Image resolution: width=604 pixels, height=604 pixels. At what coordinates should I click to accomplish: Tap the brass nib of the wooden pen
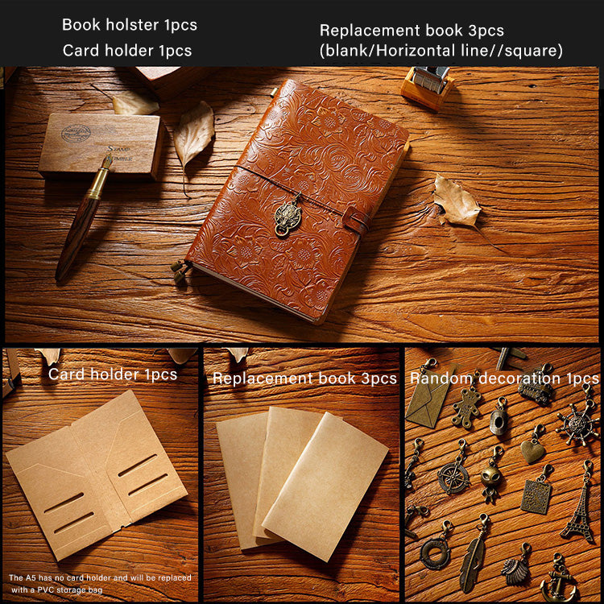(107, 162)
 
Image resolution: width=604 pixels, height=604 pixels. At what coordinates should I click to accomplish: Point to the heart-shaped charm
(533, 450)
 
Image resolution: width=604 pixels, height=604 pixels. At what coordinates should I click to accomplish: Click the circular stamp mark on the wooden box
(76, 133)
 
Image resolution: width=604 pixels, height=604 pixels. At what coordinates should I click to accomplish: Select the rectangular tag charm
(536, 496)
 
